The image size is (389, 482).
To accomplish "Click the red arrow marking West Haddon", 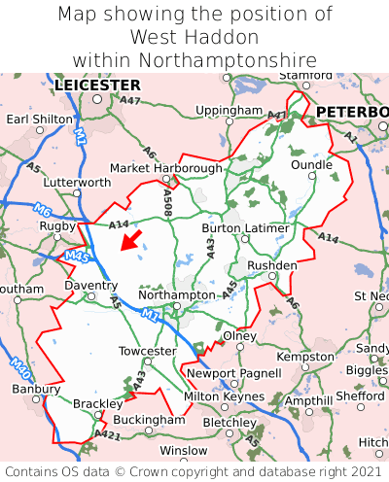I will (129, 239).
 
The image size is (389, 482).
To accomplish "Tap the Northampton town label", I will (176, 294).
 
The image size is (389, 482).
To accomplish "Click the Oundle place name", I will (311, 165).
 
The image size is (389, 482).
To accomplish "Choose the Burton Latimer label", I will (245, 228).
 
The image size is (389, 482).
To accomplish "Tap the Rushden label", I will (272, 264).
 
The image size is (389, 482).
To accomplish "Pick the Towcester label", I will (147, 350).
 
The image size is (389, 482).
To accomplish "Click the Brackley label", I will (98, 403).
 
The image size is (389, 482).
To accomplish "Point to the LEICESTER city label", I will (97, 86).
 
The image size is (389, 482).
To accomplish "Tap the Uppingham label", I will (229, 111).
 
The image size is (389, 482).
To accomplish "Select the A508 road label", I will (168, 201).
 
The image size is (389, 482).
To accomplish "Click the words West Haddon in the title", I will (194, 37).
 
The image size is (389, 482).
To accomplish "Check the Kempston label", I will (304, 356).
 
